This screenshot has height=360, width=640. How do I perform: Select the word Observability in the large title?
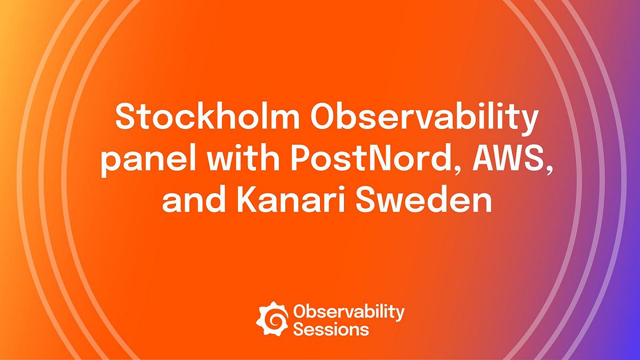(x=426, y=117)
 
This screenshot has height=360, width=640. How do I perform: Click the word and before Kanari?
(x=191, y=202)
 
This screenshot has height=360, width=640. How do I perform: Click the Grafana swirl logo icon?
(x=273, y=318)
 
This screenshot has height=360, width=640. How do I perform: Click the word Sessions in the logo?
(x=331, y=329)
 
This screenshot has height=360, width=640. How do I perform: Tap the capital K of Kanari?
(x=249, y=202)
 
